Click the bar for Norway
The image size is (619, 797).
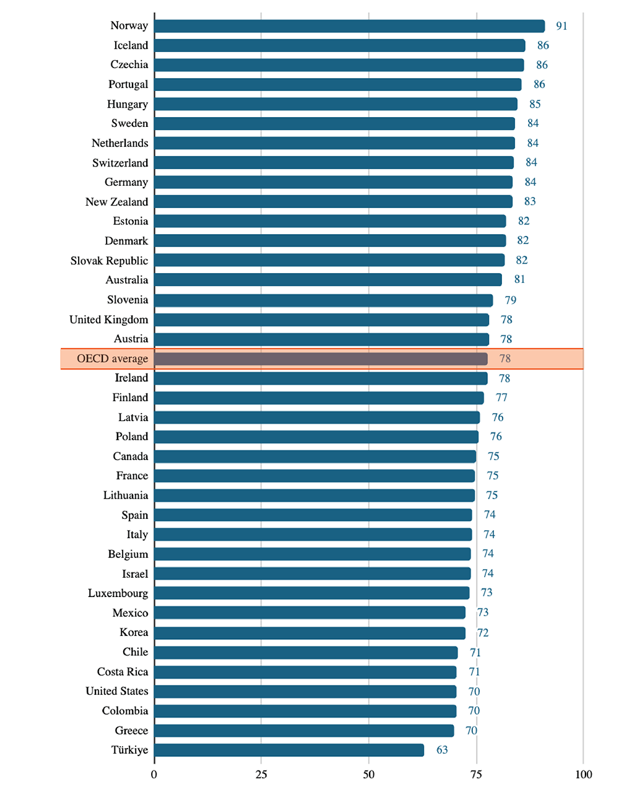coord(349,26)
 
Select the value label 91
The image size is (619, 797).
coord(561,26)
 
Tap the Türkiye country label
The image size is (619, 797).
coord(129,750)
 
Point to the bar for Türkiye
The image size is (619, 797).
coord(289,751)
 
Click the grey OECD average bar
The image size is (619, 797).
coord(321,359)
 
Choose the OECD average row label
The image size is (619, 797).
coord(112,359)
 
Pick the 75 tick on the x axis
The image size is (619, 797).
coord(476,774)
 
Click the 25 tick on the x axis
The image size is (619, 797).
coord(261,774)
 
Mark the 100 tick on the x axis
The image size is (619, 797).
coord(583,774)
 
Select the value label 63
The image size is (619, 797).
coord(442,750)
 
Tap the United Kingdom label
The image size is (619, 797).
coord(108,320)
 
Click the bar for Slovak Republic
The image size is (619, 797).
coord(329,260)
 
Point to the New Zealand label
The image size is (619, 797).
coord(116,202)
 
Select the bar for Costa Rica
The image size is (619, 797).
coord(305,672)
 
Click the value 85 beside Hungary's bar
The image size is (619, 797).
coord(535,104)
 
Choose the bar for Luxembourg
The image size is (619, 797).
coord(311,593)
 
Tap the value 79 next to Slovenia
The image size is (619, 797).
coord(510,300)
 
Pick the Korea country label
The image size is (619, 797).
coord(134,632)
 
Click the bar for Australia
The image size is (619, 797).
coord(328,280)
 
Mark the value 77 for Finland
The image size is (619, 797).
coord(501,398)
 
